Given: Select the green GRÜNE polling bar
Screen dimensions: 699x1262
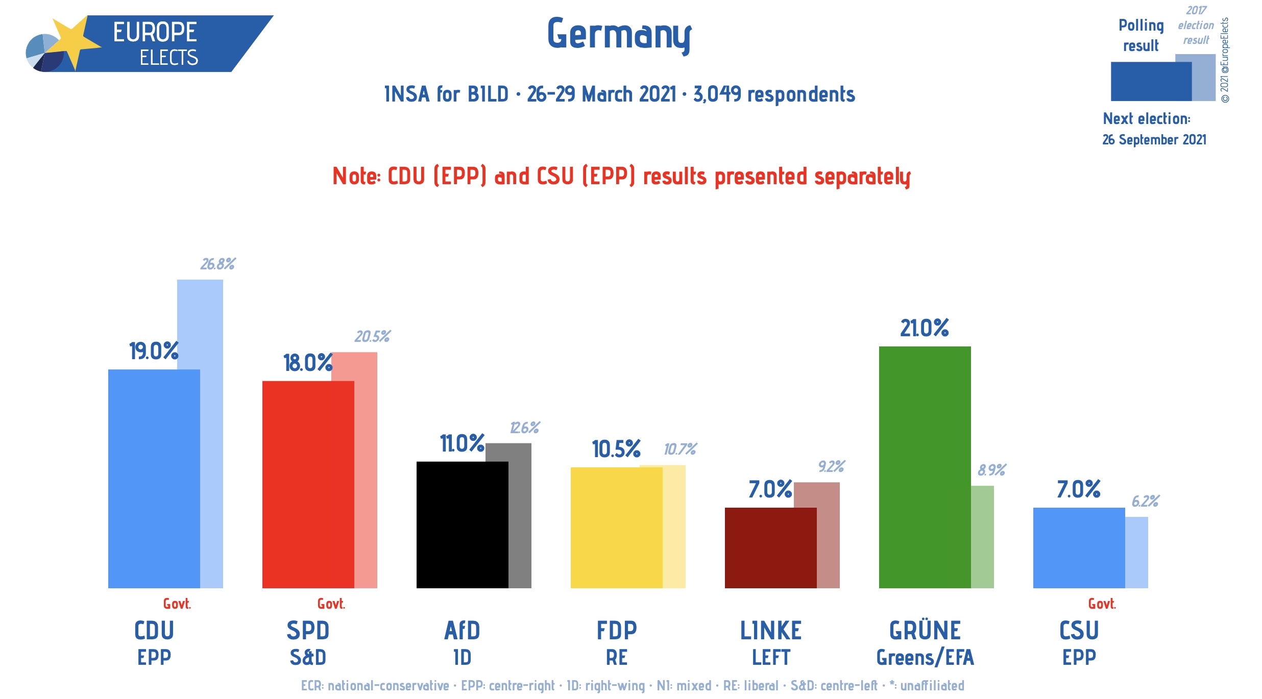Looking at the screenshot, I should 925,467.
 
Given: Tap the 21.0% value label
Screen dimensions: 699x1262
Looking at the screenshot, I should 924,328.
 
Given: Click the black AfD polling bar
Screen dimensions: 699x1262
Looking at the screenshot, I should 462,525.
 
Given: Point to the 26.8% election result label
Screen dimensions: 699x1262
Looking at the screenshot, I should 217,264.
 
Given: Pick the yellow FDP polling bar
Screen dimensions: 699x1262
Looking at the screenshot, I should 616,527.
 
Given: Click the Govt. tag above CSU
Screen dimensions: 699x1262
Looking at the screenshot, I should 1102,604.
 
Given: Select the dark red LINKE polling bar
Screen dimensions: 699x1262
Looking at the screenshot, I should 770,547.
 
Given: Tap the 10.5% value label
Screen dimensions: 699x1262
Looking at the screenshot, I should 616,449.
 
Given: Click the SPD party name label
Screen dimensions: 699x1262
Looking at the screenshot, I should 308,631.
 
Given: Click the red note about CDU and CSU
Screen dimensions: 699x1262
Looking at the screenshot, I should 621,177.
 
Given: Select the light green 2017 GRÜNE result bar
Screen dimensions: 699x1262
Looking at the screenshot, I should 982,536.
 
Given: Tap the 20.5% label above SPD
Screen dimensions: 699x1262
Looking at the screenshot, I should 372,336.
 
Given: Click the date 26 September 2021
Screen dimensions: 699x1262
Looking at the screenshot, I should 1154,139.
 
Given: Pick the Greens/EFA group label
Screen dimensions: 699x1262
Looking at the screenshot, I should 925,658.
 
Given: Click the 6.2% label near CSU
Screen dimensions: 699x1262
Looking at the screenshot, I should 1145,501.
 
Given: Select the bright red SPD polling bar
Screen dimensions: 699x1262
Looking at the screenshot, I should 308,484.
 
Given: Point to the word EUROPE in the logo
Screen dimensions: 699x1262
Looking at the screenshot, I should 155,32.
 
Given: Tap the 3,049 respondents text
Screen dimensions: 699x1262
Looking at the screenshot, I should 773,94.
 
